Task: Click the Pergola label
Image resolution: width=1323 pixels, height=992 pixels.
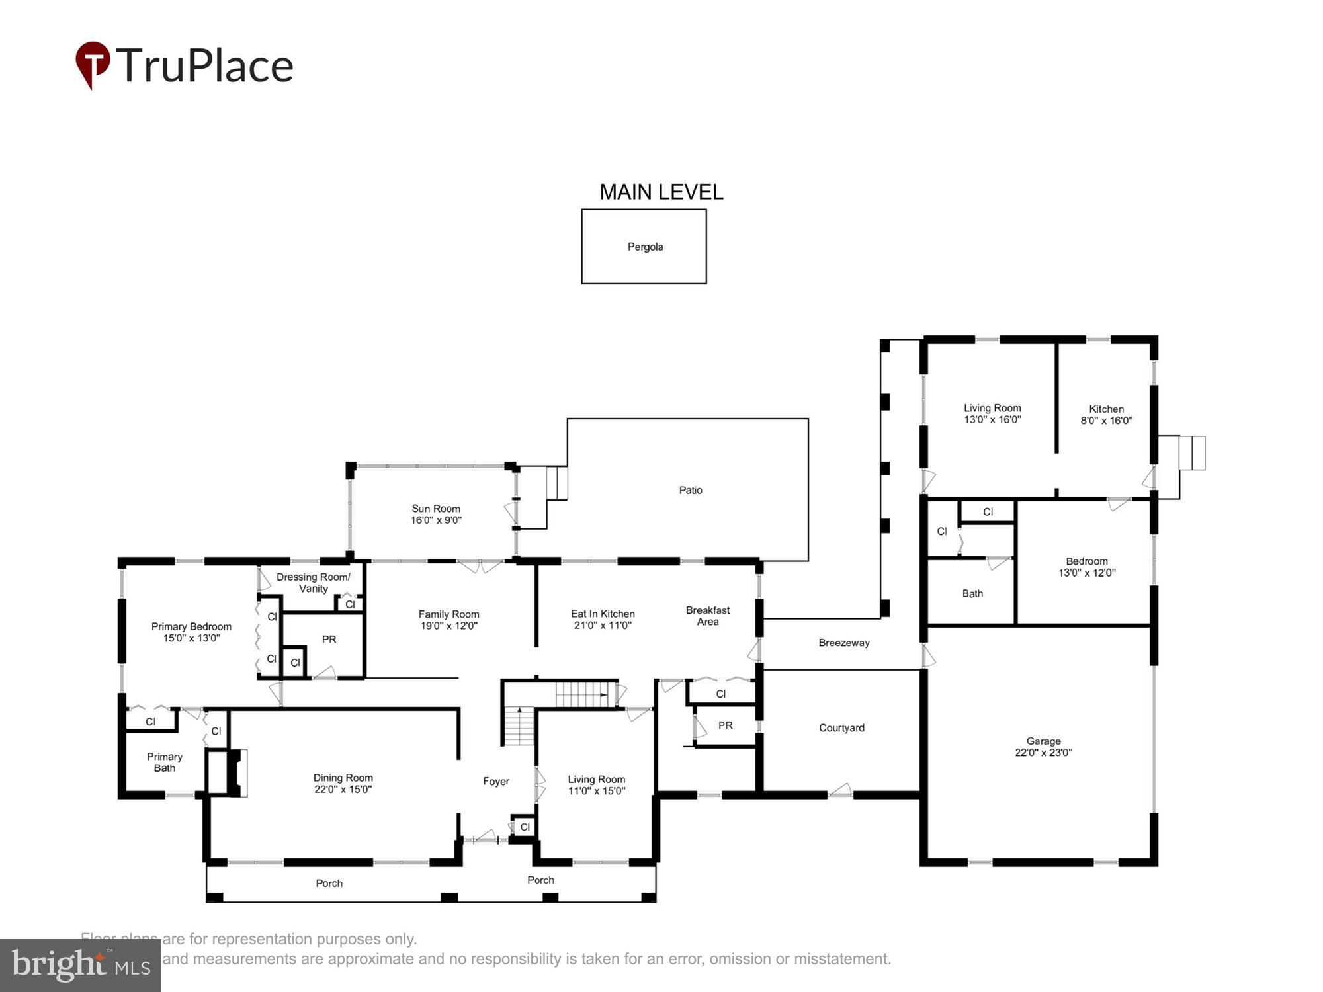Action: tap(645, 247)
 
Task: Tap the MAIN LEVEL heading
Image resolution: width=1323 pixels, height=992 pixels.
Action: tap(661, 192)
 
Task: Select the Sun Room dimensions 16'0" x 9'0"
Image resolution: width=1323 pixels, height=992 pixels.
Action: tap(436, 520)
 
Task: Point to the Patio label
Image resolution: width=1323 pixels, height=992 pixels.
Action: tap(690, 490)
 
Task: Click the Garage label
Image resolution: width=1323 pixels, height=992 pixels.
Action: tap(1043, 741)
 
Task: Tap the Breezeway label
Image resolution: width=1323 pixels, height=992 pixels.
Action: tap(843, 643)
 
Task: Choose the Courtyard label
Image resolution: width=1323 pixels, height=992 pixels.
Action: tap(841, 727)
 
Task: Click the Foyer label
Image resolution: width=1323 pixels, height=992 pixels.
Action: tap(495, 781)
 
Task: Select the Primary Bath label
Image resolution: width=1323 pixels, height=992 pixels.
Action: tap(165, 762)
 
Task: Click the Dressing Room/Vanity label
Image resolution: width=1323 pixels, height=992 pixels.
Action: tap(314, 583)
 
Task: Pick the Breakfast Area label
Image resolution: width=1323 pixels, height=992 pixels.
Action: tap(707, 616)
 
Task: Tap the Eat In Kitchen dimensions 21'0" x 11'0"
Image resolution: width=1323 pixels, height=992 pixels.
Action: tap(603, 625)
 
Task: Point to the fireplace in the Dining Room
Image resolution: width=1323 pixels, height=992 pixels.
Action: tap(234, 772)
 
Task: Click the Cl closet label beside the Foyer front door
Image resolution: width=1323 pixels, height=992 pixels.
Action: tap(525, 827)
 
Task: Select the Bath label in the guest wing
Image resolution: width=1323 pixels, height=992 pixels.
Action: tap(972, 593)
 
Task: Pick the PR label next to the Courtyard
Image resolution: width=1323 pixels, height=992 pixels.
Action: tap(725, 725)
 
